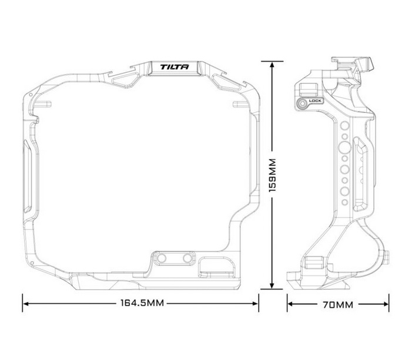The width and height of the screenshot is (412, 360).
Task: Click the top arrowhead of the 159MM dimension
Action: [272, 62]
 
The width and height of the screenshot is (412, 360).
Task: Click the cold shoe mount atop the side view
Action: [353, 63]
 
